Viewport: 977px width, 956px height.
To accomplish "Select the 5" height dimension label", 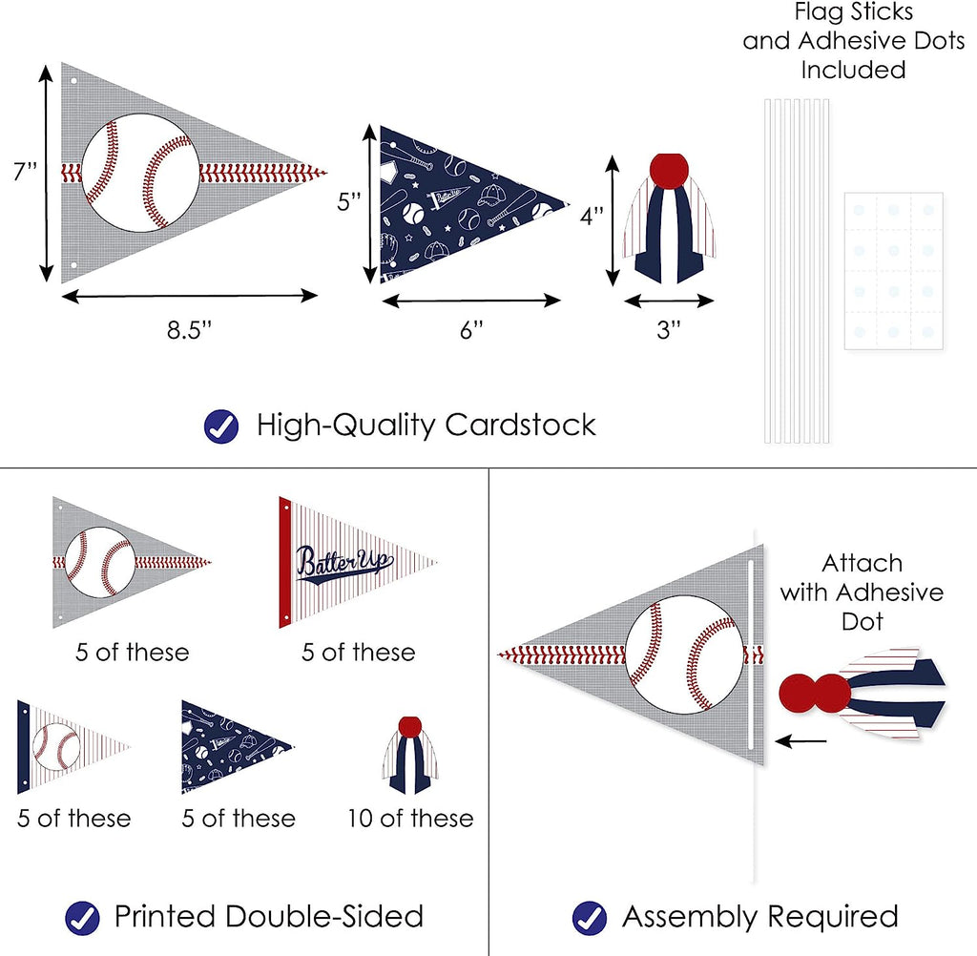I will pyautogui.click(x=349, y=202).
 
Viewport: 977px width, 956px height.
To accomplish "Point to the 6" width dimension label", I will pyautogui.click(x=471, y=330).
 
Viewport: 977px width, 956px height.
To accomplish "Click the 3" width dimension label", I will pyautogui.click(x=669, y=330).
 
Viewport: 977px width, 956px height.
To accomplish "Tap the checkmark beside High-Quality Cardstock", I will pyautogui.click(x=221, y=425).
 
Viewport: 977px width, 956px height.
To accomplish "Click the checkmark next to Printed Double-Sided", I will pyautogui.click(x=82, y=917).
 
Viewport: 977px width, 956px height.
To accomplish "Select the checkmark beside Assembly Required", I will pyautogui.click(x=590, y=917).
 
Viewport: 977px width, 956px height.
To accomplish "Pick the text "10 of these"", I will pyautogui.click(x=411, y=818).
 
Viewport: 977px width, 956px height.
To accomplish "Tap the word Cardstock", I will pyautogui.click(x=521, y=425).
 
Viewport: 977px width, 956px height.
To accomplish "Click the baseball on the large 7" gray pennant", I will pyautogui.click(x=140, y=174).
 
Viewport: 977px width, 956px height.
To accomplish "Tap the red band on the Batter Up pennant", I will pyautogui.click(x=284, y=562).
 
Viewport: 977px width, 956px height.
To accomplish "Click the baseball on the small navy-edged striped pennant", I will pyautogui.click(x=56, y=747).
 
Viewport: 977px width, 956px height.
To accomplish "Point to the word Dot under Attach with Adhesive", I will pyautogui.click(x=862, y=621).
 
